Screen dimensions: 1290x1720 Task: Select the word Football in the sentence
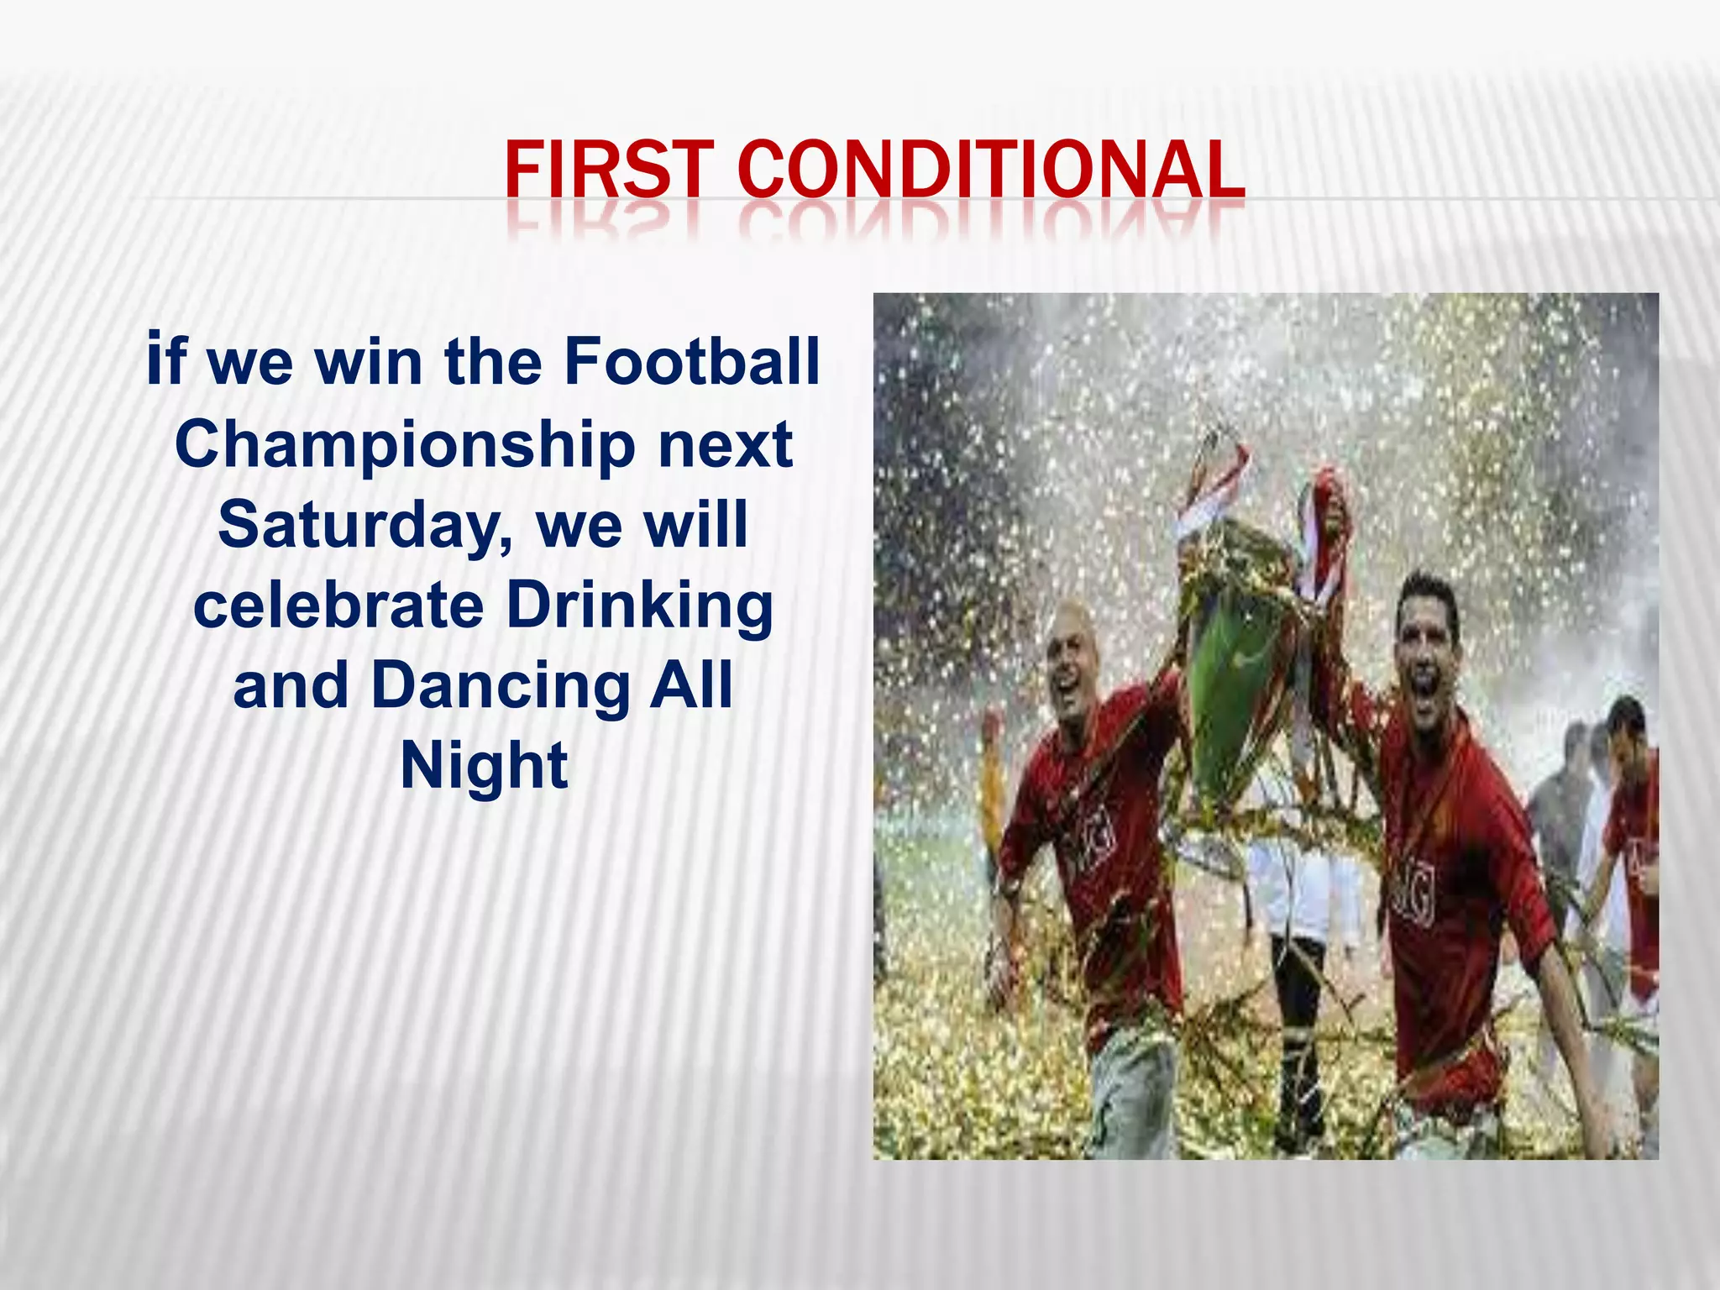point(691,361)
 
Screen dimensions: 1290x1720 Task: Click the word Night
point(484,765)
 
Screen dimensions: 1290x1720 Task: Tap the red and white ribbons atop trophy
point(1209,487)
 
